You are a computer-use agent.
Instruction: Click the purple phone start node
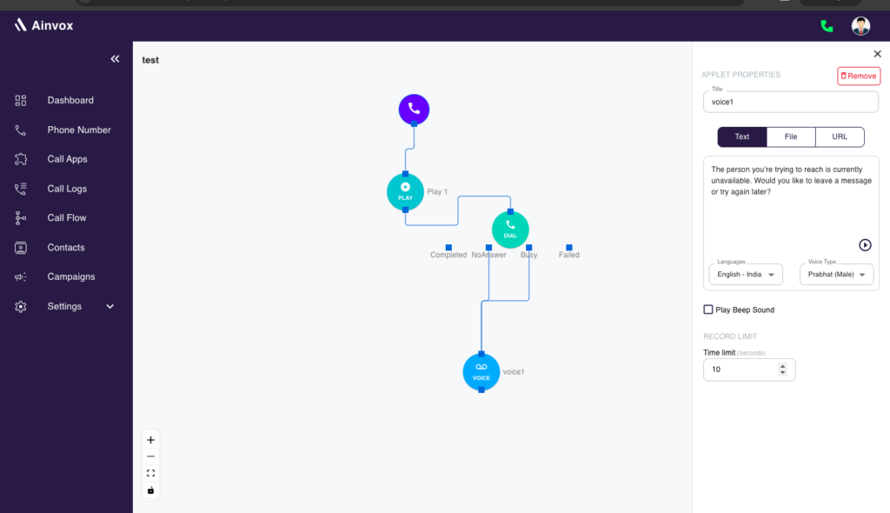coord(414,109)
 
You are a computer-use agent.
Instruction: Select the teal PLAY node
coord(405,192)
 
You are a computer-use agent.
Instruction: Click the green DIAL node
coord(510,230)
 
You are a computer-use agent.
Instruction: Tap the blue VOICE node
coord(482,372)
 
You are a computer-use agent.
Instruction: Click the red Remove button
coord(858,77)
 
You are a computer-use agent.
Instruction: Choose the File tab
coord(791,137)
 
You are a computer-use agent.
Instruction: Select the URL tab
coord(840,137)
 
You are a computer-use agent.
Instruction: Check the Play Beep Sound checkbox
coord(707,310)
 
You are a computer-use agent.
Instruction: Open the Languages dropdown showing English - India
coord(746,275)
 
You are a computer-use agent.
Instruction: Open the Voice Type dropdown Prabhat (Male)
coord(837,275)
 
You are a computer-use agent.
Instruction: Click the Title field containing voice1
coord(791,103)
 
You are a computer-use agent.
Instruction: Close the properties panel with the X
coord(878,54)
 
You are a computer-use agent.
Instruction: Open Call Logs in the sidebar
coord(67,189)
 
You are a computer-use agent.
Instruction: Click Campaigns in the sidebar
coord(71,276)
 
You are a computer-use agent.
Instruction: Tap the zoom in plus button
coord(150,440)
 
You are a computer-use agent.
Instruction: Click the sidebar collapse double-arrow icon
coord(116,58)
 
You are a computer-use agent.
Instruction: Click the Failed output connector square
coord(569,248)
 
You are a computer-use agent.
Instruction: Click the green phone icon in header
coord(827,26)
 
